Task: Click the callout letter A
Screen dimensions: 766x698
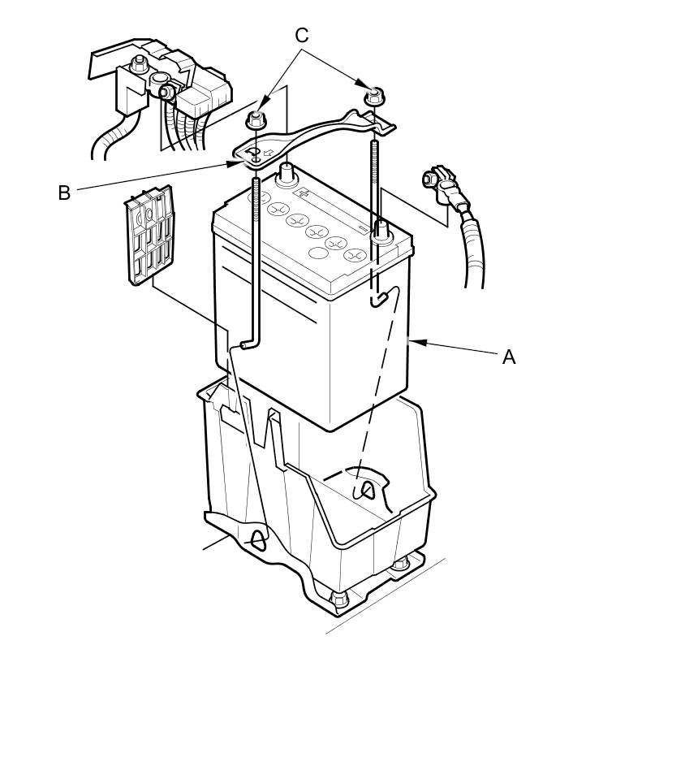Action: click(509, 357)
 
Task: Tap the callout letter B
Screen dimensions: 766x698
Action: click(64, 193)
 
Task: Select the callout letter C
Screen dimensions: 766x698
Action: click(302, 36)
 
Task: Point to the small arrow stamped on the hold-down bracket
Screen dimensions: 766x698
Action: click(266, 151)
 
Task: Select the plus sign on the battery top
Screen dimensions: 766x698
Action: click(303, 193)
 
